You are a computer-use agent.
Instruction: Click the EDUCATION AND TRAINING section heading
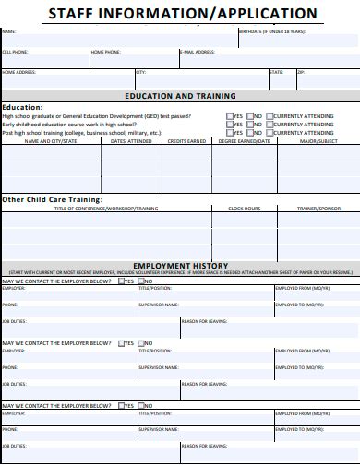(180, 95)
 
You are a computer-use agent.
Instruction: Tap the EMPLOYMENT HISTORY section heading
(179, 264)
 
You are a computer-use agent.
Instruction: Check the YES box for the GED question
(229, 116)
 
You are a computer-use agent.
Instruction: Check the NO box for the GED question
(248, 116)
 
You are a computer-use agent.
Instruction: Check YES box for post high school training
(229, 133)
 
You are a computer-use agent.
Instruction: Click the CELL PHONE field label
(15, 53)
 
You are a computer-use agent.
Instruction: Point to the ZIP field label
(300, 72)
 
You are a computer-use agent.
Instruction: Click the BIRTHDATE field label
(273, 31)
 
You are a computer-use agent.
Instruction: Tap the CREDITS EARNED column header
(185, 141)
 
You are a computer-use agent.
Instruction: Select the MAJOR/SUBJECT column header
(318, 141)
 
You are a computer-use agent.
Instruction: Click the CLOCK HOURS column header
(244, 209)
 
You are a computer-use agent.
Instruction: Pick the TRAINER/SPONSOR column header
(318, 209)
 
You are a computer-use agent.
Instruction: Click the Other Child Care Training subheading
(52, 199)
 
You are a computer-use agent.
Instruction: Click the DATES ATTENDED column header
(131, 141)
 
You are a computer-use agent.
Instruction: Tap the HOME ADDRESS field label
(19, 72)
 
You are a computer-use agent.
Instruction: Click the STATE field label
(276, 72)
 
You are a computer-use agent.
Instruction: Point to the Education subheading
(23, 107)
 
